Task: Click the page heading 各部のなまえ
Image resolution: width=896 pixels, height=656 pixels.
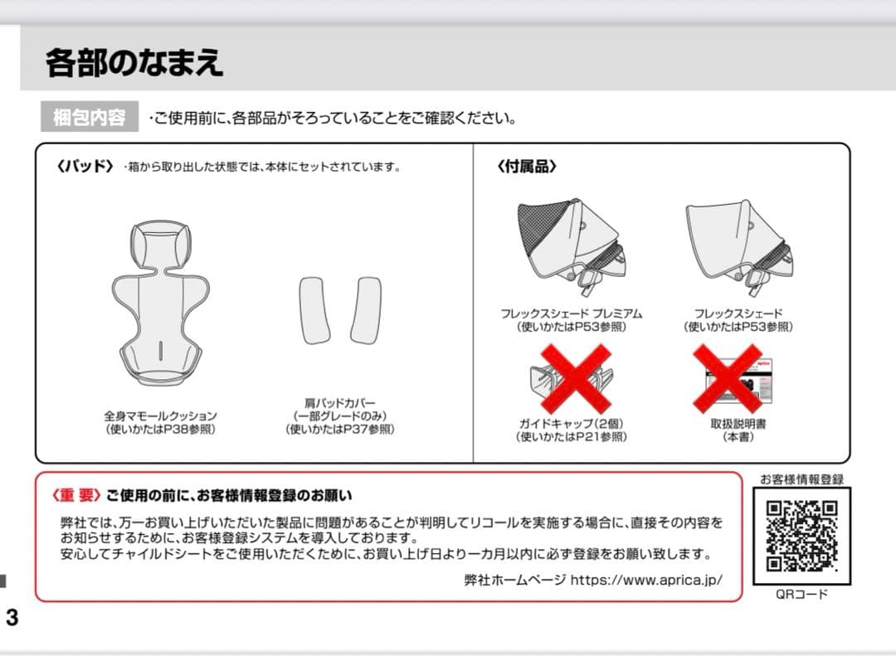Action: [x=134, y=63]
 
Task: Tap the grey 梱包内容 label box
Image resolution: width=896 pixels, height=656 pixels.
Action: [x=90, y=118]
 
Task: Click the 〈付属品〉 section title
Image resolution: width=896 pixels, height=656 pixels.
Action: [x=527, y=166]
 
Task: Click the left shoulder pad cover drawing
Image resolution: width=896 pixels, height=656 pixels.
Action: [x=314, y=309]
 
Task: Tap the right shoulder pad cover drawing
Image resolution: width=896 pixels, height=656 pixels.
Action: [x=365, y=309]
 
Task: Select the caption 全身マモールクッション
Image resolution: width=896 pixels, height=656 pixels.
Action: [x=160, y=415]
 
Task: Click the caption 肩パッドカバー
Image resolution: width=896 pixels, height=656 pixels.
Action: [x=340, y=403]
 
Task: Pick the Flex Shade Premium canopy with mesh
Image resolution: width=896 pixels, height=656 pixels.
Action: [x=571, y=245]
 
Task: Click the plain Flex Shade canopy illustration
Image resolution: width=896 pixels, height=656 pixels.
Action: [x=738, y=245]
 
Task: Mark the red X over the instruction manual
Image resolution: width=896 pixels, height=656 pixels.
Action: [x=728, y=377]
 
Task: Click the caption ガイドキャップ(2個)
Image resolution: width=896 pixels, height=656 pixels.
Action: [x=571, y=423]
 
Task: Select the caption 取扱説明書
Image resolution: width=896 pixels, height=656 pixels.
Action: [x=738, y=423]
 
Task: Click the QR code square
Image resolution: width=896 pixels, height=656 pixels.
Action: [x=801, y=535]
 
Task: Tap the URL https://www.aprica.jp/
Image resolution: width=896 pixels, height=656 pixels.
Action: [x=646, y=580]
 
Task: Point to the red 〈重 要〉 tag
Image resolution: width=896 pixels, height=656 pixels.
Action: [x=76, y=495]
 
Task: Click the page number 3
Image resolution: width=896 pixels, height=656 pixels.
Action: [x=12, y=618]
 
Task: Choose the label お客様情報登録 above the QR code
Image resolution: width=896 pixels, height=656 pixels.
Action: [x=801, y=479]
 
